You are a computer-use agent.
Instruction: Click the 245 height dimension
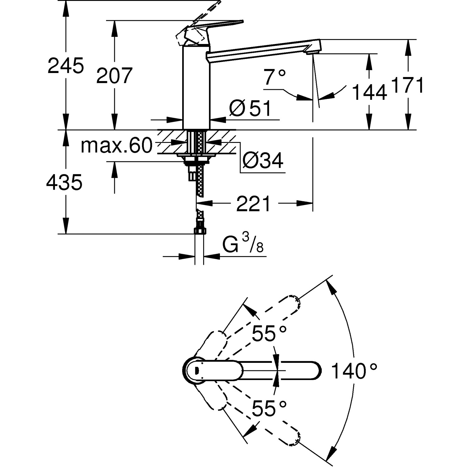(x=66, y=66)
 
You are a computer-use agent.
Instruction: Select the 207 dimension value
(x=114, y=76)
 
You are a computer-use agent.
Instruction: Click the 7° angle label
(x=275, y=77)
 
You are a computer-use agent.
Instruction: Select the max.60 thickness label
(x=116, y=145)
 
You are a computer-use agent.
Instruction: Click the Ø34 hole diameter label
(x=263, y=161)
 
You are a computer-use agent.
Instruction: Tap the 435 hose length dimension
(x=64, y=182)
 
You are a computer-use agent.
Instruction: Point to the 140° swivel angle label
(x=354, y=371)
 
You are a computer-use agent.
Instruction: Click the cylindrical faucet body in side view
(x=196, y=87)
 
